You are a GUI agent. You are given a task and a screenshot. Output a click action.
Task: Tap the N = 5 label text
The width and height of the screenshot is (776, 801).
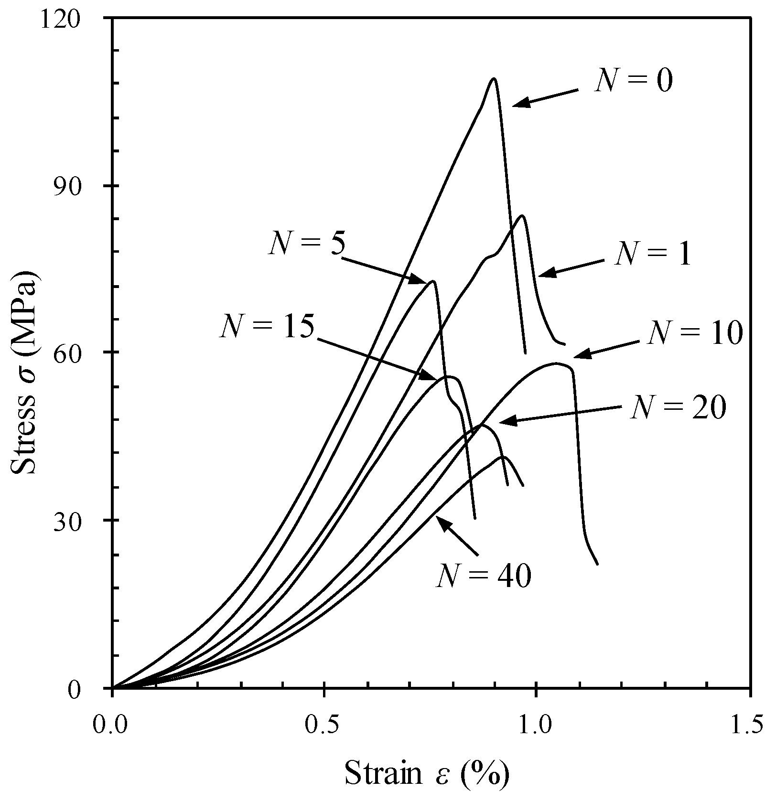point(306,243)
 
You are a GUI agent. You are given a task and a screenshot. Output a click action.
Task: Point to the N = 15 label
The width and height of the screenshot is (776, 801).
point(267,327)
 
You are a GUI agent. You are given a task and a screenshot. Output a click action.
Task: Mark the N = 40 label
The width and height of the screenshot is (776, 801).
point(483,576)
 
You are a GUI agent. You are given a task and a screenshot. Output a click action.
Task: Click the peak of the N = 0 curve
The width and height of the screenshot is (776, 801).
point(494,78)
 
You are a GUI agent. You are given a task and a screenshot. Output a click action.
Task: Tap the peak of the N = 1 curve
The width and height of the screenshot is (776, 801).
point(522,215)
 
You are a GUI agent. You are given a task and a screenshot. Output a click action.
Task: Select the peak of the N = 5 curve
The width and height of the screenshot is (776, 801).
point(433,281)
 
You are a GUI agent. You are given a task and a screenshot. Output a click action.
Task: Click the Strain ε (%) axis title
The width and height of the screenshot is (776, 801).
point(427,773)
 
